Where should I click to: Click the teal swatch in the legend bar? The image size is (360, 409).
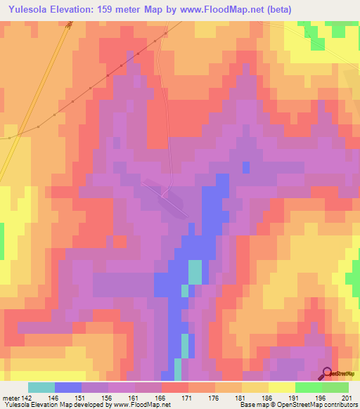41,387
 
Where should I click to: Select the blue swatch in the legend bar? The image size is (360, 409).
68,387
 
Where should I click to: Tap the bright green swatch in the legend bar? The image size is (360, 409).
308,387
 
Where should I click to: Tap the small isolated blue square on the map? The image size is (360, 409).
246,167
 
